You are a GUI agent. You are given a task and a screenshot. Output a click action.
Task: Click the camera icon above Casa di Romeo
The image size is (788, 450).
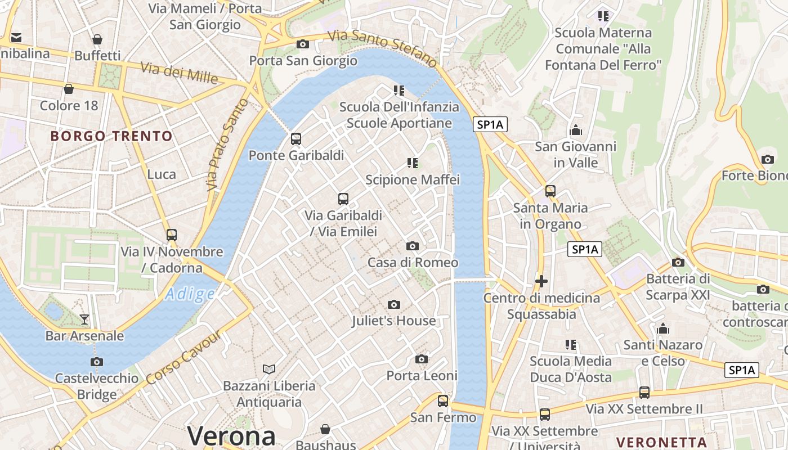pyautogui.click(x=413, y=246)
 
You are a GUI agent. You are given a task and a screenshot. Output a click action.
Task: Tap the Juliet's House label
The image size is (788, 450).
pyautogui.click(x=393, y=321)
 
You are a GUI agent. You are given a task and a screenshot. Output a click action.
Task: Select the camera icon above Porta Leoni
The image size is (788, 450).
pyautogui.click(x=422, y=359)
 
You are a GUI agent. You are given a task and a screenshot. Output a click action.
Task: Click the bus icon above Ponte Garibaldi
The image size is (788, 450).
pyautogui.click(x=296, y=138)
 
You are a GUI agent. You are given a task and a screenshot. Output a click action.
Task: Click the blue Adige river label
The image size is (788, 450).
pyautogui.click(x=190, y=294)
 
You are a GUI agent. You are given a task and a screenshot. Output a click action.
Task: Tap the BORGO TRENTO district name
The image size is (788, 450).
pyautogui.click(x=111, y=136)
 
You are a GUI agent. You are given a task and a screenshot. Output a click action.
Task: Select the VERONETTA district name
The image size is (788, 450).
pyautogui.click(x=661, y=442)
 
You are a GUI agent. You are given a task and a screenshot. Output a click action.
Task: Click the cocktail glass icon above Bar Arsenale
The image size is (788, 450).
pyautogui.click(x=84, y=319)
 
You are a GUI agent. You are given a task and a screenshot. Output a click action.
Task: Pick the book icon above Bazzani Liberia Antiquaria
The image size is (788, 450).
pyautogui.click(x=270, y=369)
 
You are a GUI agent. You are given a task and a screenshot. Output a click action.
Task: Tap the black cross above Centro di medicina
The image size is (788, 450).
pyautogui.click(x=541, y=281)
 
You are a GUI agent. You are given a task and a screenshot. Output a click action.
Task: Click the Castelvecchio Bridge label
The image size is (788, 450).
pyautogui.click(x=97, y=386)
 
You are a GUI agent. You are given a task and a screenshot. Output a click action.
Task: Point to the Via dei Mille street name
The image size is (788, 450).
pyautogui.click(x=179, y=73)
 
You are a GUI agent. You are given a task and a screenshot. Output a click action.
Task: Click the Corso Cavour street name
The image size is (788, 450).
pyautogui.click(x=183, y=358)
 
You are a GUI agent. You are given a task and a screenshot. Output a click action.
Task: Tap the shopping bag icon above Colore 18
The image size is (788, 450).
pyautogui.click(x=69, y=89)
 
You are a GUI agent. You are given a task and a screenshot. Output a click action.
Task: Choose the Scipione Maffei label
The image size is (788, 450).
pyautogui.click(x=413, y=180)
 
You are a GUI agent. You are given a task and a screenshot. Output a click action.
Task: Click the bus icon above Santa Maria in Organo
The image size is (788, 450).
pyautogui.click(x=550, y=191)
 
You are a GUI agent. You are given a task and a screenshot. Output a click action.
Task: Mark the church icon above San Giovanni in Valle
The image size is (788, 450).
pyautogui.click(x=576, y=130)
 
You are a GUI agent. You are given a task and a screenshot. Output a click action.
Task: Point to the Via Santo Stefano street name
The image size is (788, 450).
pyautogui.click(x=383, y=47)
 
